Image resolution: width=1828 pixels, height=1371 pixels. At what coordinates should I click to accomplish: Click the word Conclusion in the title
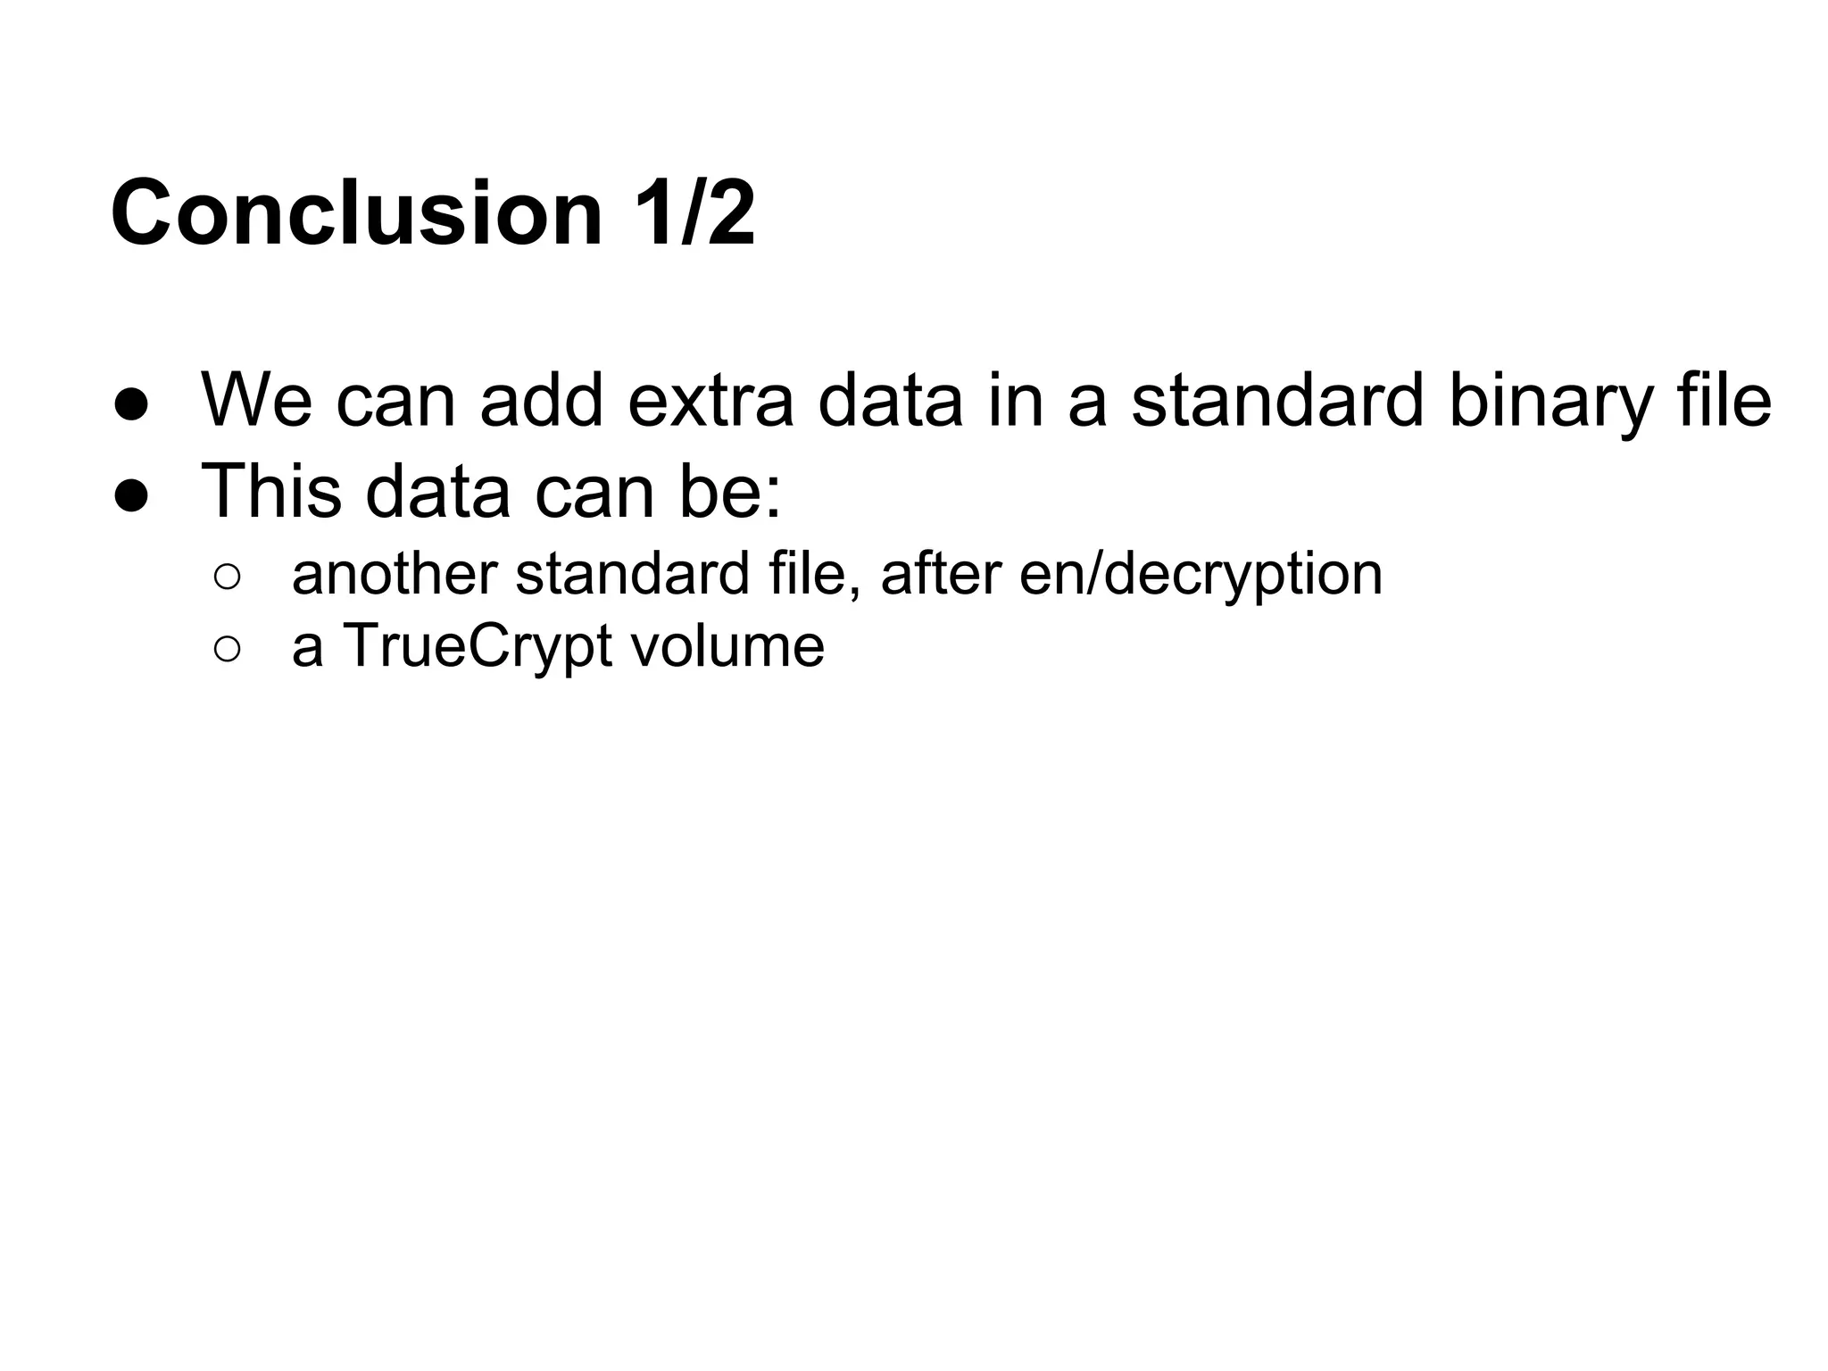pos(357,214)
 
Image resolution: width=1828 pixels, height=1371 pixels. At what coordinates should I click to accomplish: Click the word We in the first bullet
pos(257,401)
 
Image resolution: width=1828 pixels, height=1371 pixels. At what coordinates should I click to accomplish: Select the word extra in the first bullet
pos(710,401)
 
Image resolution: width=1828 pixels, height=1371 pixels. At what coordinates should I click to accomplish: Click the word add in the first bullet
pos(542,401)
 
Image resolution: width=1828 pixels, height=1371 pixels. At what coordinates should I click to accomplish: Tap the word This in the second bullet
pos(271,492)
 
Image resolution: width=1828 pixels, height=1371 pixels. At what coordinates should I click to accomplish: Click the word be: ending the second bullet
pos(730,492)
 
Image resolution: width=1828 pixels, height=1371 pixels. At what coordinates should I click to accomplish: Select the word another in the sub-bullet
pos(394,574)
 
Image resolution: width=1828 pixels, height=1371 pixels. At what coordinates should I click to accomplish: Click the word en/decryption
pos(1201,576)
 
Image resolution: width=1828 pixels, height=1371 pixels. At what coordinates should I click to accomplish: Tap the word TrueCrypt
pos(478,647)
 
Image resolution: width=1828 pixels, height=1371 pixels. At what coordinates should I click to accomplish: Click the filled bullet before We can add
pos(131,404)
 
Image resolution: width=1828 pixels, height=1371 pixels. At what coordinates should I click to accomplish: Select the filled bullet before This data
pos(131,495)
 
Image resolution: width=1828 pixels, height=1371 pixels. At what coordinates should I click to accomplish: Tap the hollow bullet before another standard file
pos(228,577)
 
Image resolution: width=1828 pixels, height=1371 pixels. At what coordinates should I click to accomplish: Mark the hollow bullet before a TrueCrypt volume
pos(228,650)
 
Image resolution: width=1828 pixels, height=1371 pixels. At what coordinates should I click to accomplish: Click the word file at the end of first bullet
pos(1724,401)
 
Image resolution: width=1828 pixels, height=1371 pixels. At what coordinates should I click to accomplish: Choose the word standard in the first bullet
pos(1277,401)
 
